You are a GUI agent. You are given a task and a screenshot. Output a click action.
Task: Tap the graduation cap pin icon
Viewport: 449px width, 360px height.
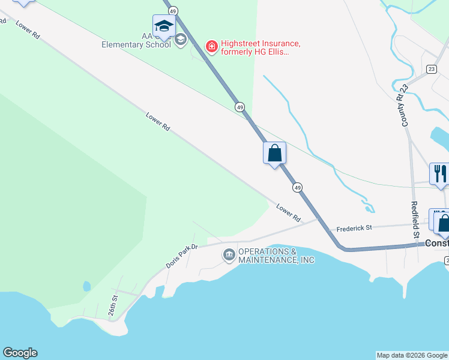coord(164,26)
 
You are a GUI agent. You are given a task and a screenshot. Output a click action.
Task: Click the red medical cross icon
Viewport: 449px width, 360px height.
coord(211,46)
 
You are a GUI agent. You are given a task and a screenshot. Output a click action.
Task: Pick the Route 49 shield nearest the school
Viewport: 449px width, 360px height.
coord(173,11)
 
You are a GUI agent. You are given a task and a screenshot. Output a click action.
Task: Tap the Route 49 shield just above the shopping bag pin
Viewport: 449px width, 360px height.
coord(240,107)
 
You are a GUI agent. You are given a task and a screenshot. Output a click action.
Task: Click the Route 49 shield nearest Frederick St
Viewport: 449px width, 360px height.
coord(298,188)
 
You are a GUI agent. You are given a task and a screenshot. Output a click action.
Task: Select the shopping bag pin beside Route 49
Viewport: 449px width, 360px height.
coord(275,153)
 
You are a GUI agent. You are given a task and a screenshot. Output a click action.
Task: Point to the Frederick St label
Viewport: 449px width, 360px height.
coord(354,228)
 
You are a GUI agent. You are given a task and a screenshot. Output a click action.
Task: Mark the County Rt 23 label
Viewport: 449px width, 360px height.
coord(402,105)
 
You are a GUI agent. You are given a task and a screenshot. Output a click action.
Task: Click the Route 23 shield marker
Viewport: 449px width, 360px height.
coord(431,69)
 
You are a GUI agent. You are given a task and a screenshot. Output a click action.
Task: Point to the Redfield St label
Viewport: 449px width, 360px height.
coord(415,220)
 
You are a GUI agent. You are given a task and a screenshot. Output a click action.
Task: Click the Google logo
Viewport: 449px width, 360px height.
coord(20,353)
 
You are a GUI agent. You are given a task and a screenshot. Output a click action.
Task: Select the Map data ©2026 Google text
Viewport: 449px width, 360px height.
coord(412,355)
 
